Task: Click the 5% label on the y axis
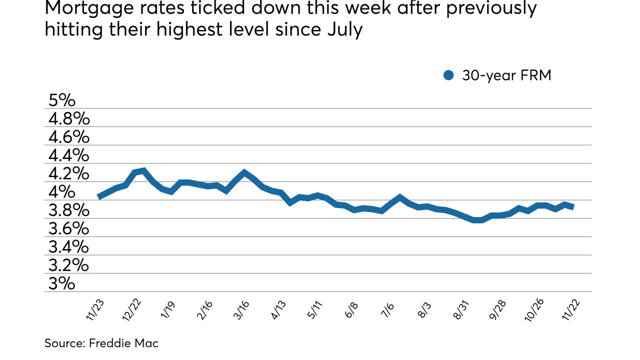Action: (x=62, y=100)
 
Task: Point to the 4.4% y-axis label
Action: (x=69, y=155)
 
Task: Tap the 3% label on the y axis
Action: (x=62, y=284)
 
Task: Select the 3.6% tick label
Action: (x=69, y=229)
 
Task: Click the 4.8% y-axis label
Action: (x=69, y=119)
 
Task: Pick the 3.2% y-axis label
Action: (x=69, y=265)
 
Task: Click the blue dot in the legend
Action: (x=448, y=75)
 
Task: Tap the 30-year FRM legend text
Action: (x=506, y=75)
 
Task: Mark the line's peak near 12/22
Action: (x=143, y=170)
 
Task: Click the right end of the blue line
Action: (x=573, y=206)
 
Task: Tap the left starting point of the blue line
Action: (x=98, y=197)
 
